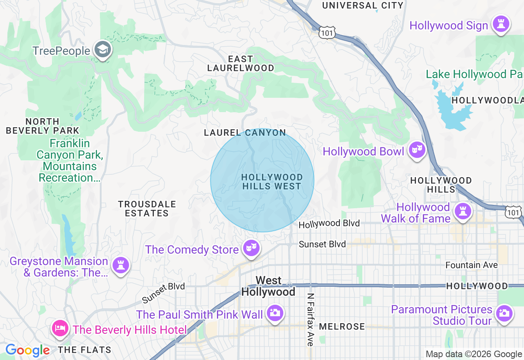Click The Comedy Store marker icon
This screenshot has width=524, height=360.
[x=251, y=248]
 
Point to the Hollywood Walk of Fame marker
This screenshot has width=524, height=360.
[x=463, y=211]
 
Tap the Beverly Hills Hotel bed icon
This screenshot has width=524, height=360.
[x=60, y=328]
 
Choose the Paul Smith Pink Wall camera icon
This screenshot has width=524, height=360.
[x=275, y=313]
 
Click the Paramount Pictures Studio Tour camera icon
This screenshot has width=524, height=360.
[x=504, y=313]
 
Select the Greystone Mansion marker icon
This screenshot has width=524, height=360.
[x=120, y=265]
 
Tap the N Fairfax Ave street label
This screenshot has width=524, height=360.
[x=310, y=319]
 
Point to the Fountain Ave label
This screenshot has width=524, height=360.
[x=472, y=265]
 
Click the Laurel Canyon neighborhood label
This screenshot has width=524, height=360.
[x=245, y=133]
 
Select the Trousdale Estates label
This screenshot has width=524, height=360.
[x=147, y=209]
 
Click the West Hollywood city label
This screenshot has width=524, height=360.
[x=268, y=286]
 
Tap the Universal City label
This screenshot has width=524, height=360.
[x=363, y=5]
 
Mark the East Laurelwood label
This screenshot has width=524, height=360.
[x=241, y=63]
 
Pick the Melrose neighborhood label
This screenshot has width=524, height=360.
[x=342, y=326]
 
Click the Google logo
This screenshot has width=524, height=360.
[x=27, y=351]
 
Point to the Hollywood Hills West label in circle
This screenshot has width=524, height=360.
[x=272, y=182]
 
